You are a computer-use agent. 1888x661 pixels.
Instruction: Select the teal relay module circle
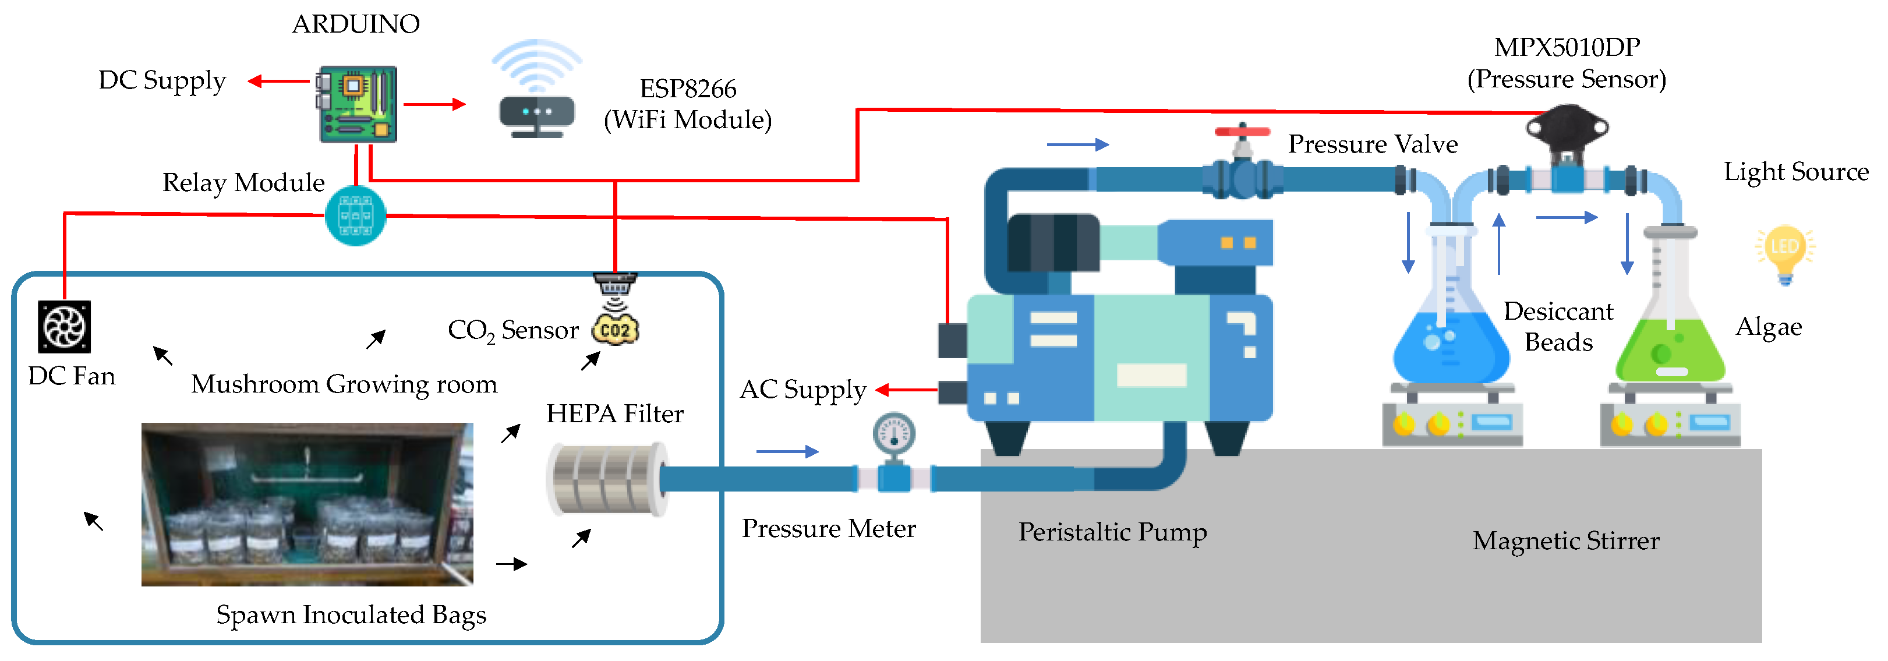[355, 215]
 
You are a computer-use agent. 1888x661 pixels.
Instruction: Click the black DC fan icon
[65, 327]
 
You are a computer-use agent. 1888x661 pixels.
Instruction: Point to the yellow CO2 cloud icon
[615, 329]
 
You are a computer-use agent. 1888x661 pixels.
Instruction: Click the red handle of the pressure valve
[1242, 132]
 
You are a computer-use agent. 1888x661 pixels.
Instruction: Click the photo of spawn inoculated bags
[307, 504]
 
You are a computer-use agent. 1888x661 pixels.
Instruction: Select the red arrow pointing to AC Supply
[906, 390]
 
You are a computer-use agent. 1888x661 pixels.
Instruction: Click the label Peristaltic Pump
[1112, 532]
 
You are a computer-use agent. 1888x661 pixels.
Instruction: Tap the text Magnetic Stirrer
[1565, 541]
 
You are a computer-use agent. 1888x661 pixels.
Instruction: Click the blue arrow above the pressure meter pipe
[786, 451]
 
